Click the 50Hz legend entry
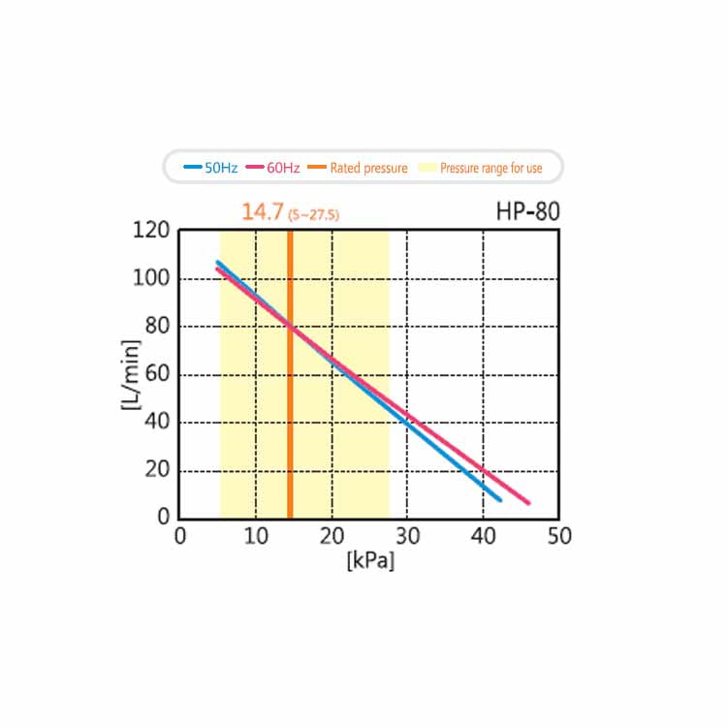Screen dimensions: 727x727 point(211,168)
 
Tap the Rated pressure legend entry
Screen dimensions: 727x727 point(359,168)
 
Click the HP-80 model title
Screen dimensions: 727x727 point(527,211)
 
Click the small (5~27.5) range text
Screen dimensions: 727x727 point(313,214)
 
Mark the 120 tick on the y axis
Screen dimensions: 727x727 point(153,231)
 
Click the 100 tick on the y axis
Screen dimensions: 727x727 point(153,279)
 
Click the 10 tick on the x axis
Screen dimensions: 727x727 point(255,536)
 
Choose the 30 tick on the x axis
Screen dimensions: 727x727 point(407,536)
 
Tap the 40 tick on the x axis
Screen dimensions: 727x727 point(483,536)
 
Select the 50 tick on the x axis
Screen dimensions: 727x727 point(558,536)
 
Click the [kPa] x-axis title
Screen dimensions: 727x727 point(369,561)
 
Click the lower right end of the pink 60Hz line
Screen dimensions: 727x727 point(528,503)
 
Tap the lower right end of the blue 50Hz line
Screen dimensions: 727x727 point(500,499)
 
